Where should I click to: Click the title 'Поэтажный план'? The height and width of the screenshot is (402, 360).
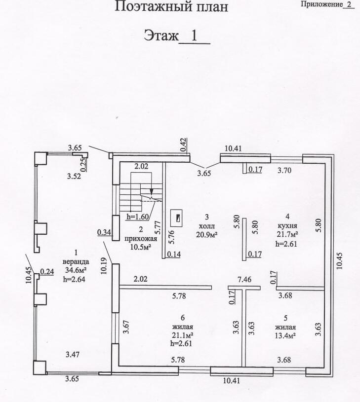click(171, 7)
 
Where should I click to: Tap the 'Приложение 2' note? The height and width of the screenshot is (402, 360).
click(327, 4)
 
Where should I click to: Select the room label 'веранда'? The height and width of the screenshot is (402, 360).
click(76, 262)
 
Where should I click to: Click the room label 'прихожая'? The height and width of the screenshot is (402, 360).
click(141, 239)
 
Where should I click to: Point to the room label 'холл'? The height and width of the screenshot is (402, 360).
click(207, 226)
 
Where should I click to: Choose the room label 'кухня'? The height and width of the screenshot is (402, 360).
click(287, 225)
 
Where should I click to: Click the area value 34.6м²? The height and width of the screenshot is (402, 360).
click(76, 270)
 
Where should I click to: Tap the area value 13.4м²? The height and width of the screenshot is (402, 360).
click(285, 335)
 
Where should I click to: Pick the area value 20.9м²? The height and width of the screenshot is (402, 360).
click(207, 234)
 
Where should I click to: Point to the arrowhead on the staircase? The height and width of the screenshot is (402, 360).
click(152, 192)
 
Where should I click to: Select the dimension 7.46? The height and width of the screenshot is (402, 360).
click(244, 279)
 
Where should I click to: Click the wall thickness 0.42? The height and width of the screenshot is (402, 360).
click(183, 145)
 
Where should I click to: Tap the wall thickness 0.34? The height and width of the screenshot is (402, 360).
click(104, 232)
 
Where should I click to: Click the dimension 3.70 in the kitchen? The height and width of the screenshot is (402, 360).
click(284, 170)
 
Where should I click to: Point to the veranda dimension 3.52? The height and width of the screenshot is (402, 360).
click(74, 176)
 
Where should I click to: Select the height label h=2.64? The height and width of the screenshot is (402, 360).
click(74, 279)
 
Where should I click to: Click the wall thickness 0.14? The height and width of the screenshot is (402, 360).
click(174, 254)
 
